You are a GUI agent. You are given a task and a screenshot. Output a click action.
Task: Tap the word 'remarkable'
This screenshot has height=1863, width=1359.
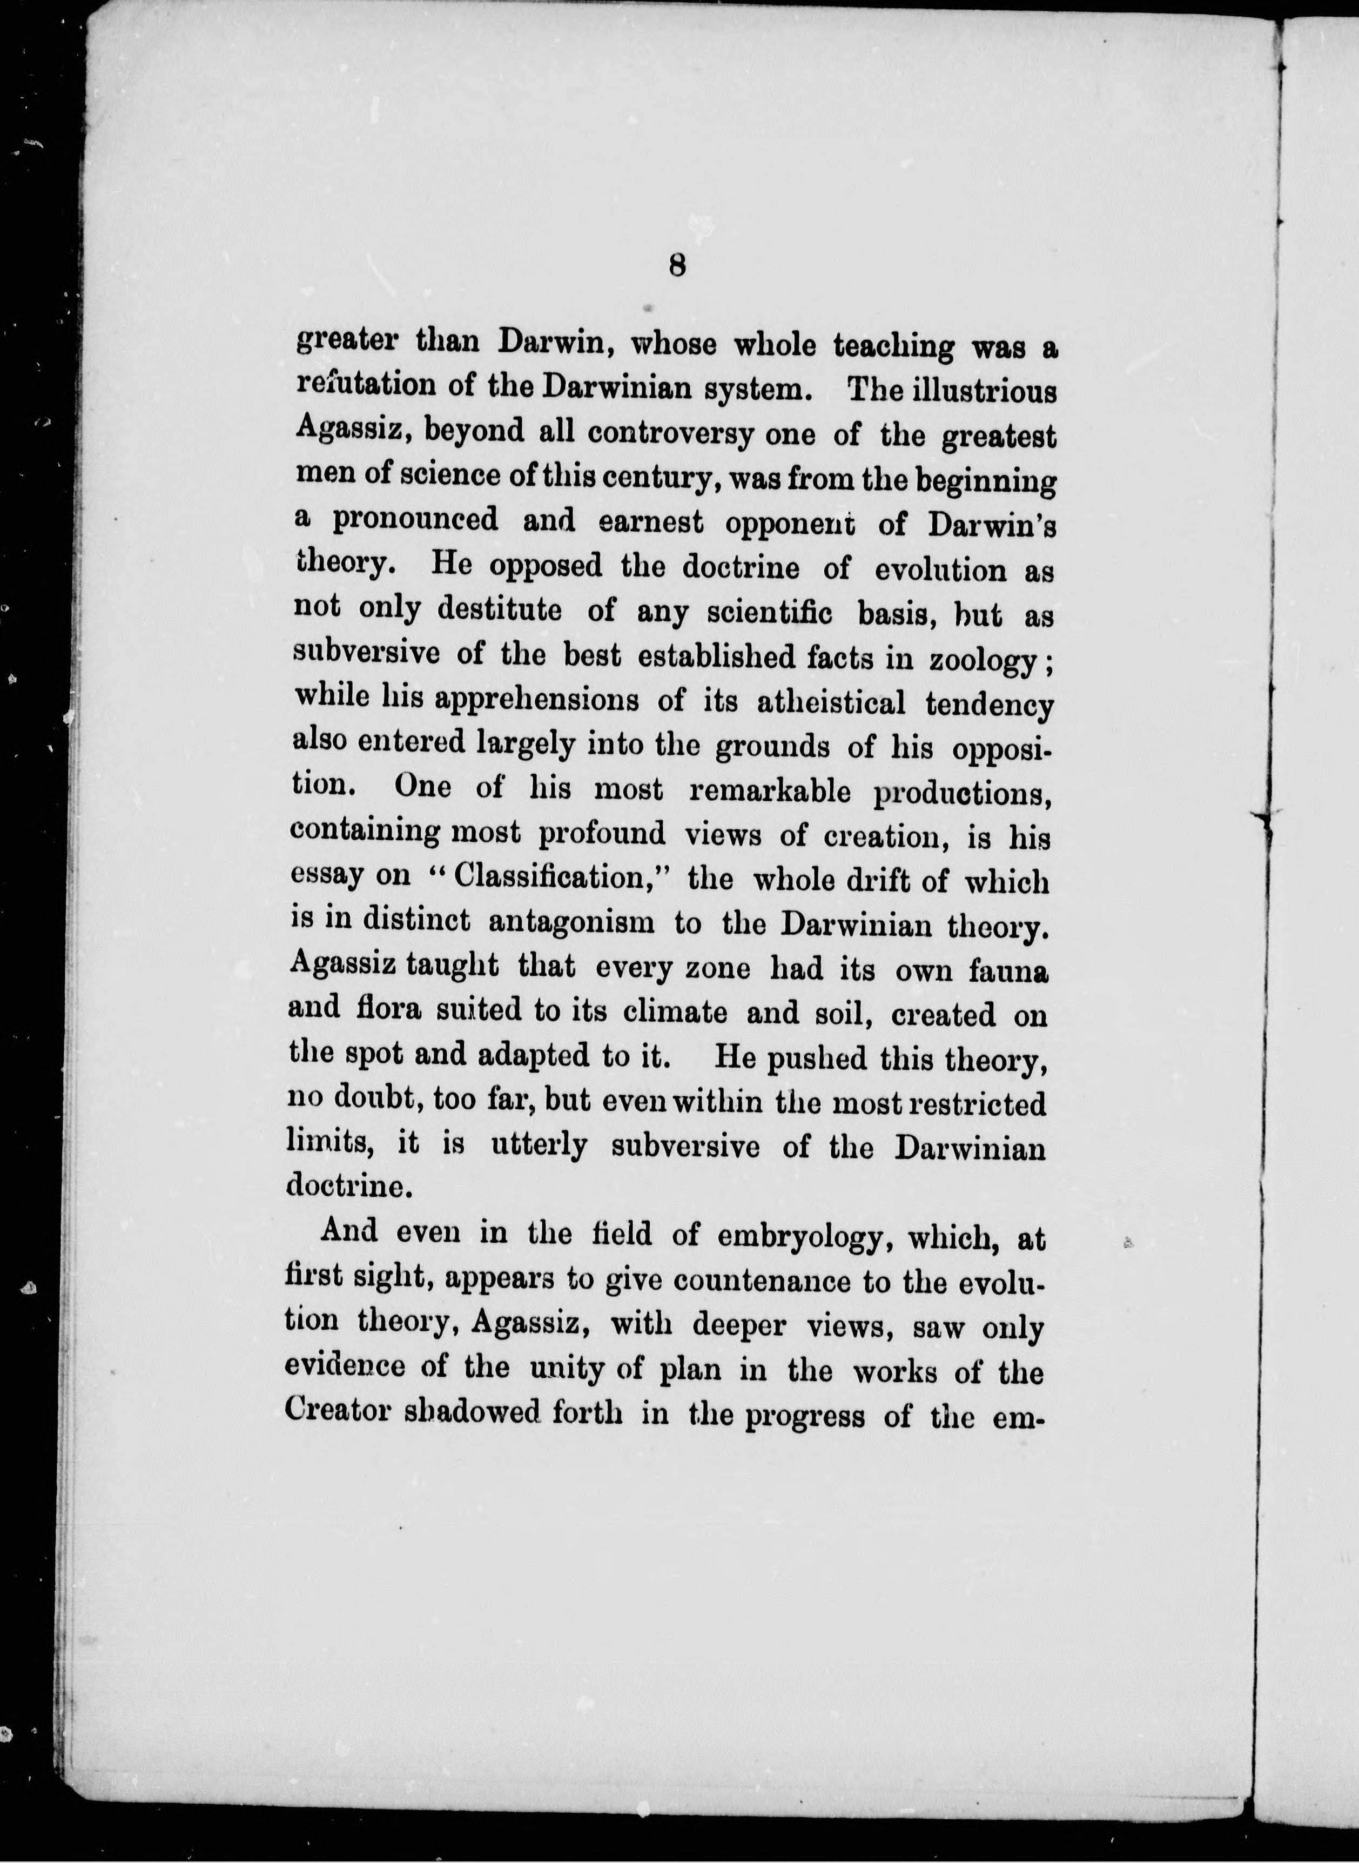point(770,792)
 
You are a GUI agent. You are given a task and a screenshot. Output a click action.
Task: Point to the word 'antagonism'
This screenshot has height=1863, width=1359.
point(571,922)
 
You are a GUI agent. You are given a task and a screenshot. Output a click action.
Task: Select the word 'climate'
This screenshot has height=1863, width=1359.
point(675,1011)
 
